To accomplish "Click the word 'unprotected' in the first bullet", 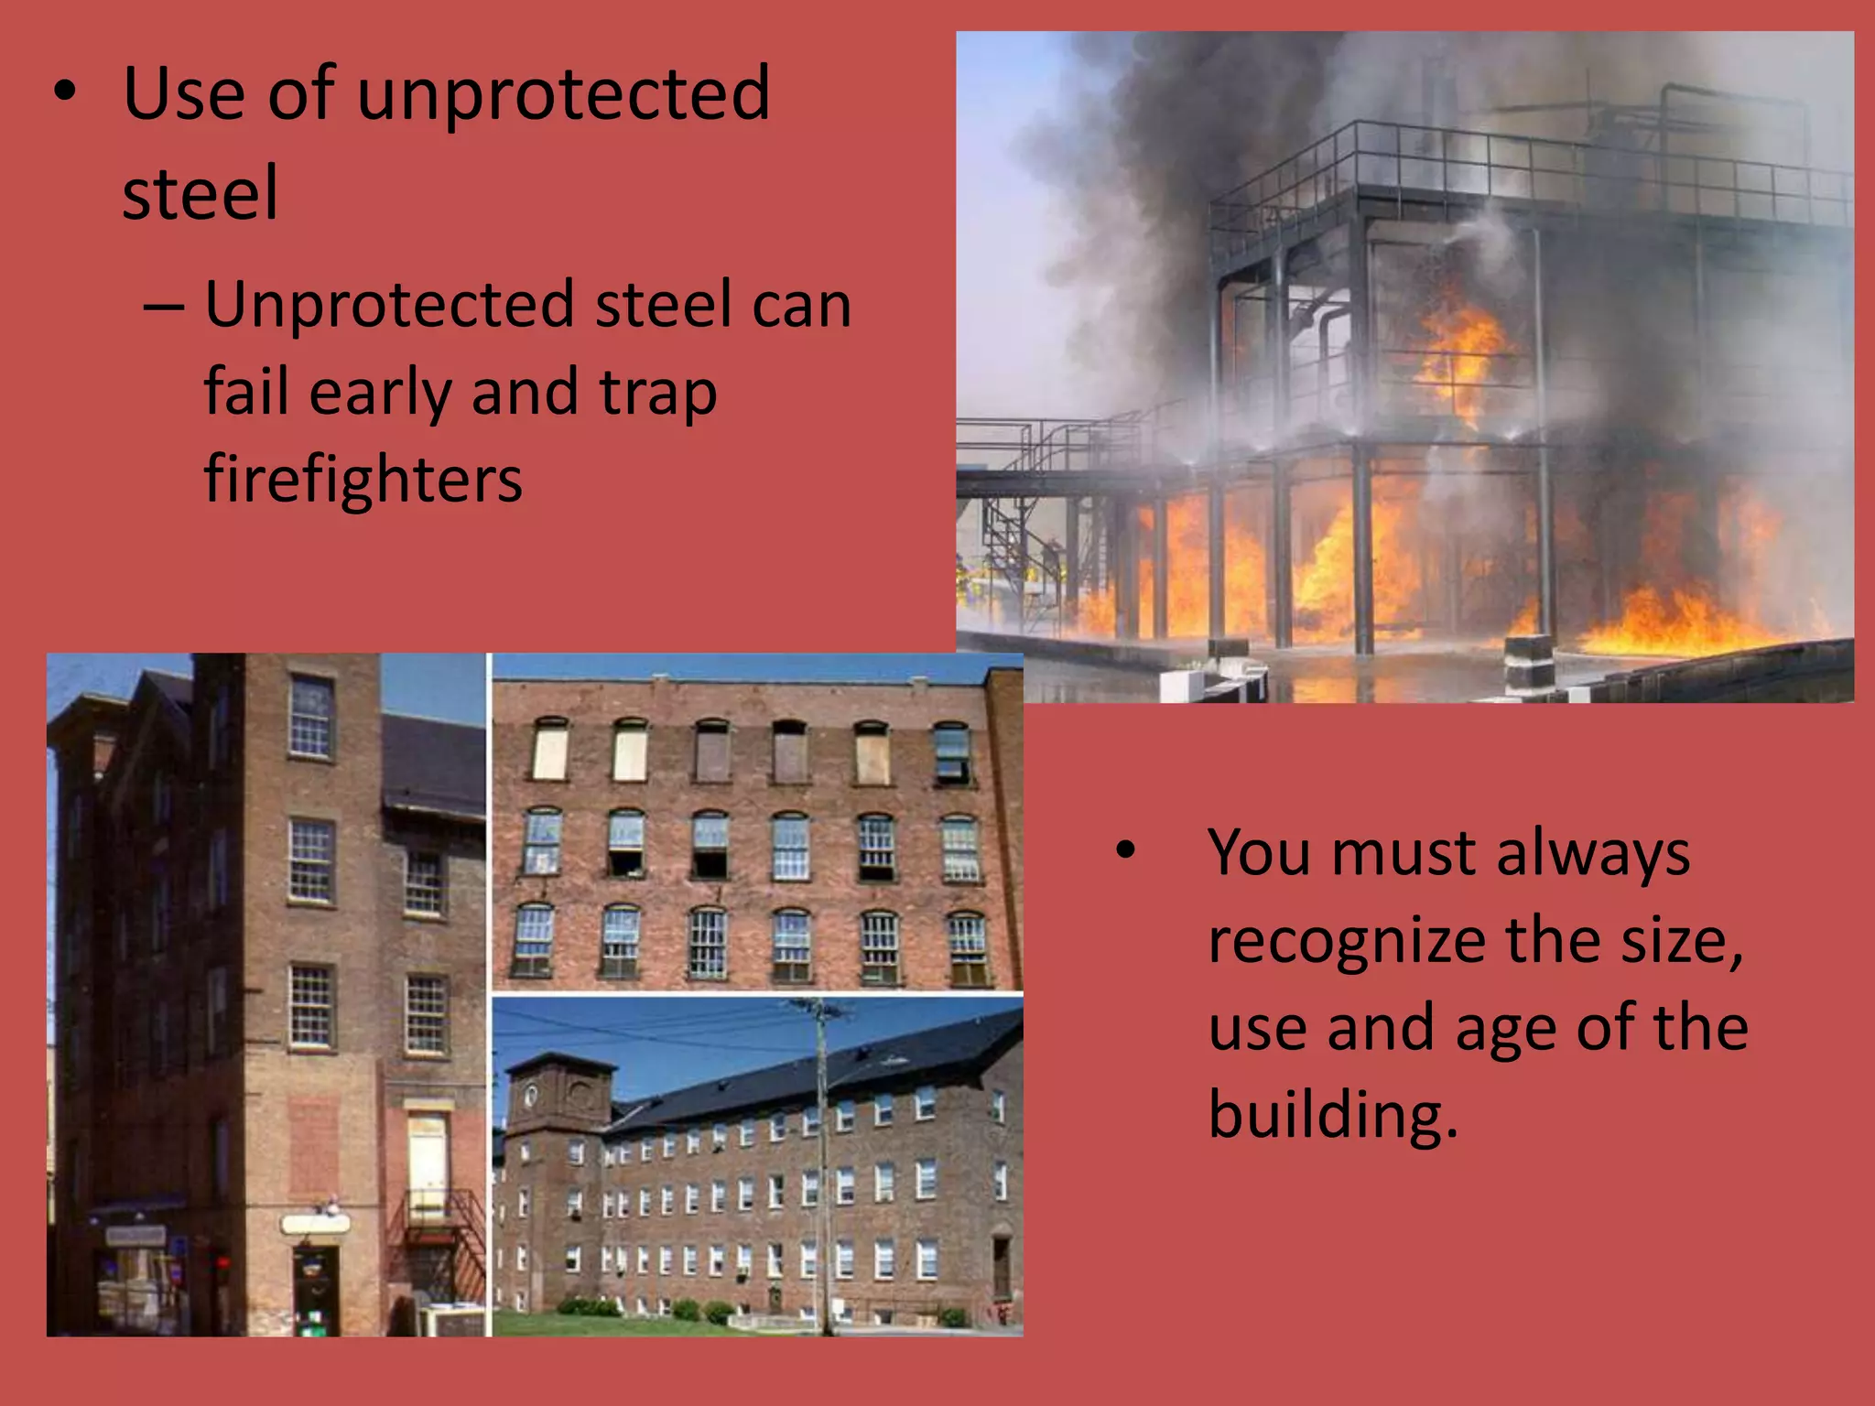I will [x=563, y=94].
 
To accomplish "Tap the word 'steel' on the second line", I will [x=200, y=194].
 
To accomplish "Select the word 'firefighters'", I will [x=363, y=479].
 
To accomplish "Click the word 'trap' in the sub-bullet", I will [x=657, y=392].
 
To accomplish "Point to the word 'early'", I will [x=380, y=392].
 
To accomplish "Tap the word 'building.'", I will [x=1332, y=1115].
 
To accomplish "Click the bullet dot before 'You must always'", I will [x=1125, y=851].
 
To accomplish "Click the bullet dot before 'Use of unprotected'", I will [x=63, y=92].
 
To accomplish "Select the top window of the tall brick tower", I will [x=310, y=717].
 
